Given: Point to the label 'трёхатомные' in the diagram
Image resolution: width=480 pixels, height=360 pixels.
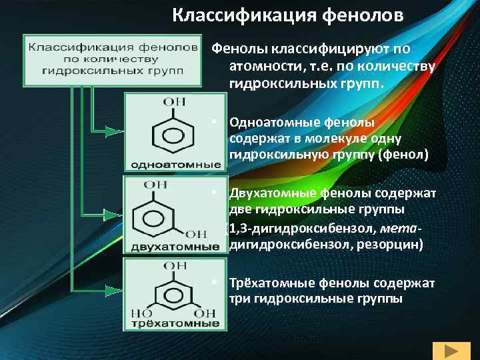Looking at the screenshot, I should pos(172,325).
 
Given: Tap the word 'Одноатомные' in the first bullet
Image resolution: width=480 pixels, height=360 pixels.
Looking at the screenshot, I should pos(269,123).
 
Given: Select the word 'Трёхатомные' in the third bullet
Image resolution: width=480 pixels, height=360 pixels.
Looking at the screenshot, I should pos(269,283).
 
